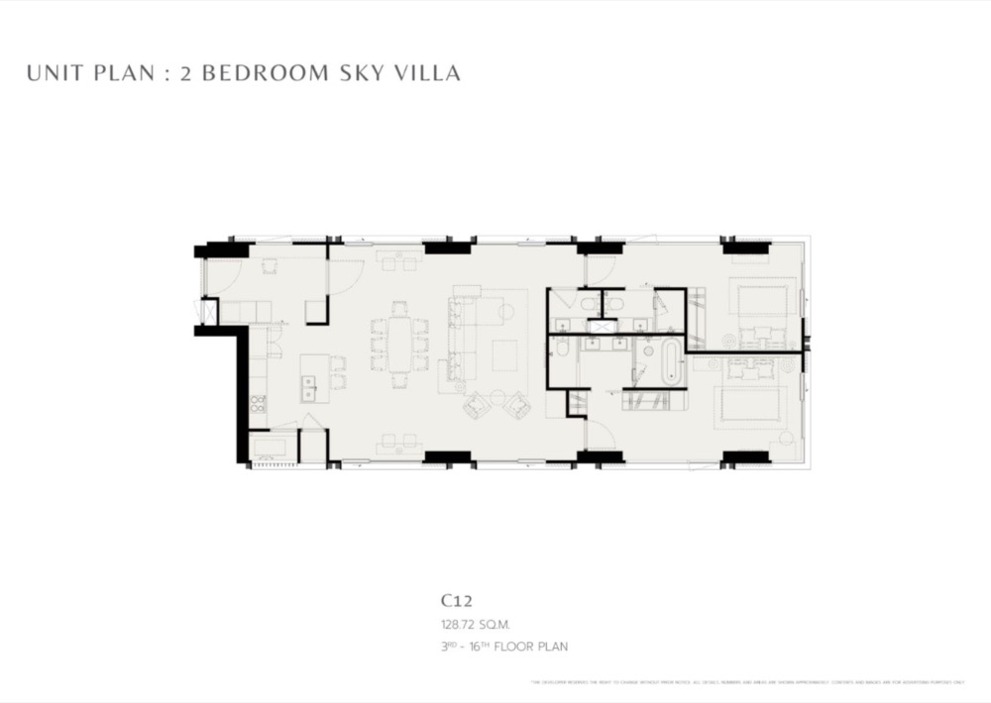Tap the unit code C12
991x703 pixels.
(x=456, y=600)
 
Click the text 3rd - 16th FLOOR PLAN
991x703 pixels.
(x=504, y=647)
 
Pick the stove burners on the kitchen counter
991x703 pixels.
(x=257, y=403)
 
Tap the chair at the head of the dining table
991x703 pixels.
(x=399, y=308)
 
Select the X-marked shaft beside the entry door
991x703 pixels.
(x=209, y=312)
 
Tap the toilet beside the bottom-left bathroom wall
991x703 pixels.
(x=562, y=348)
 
